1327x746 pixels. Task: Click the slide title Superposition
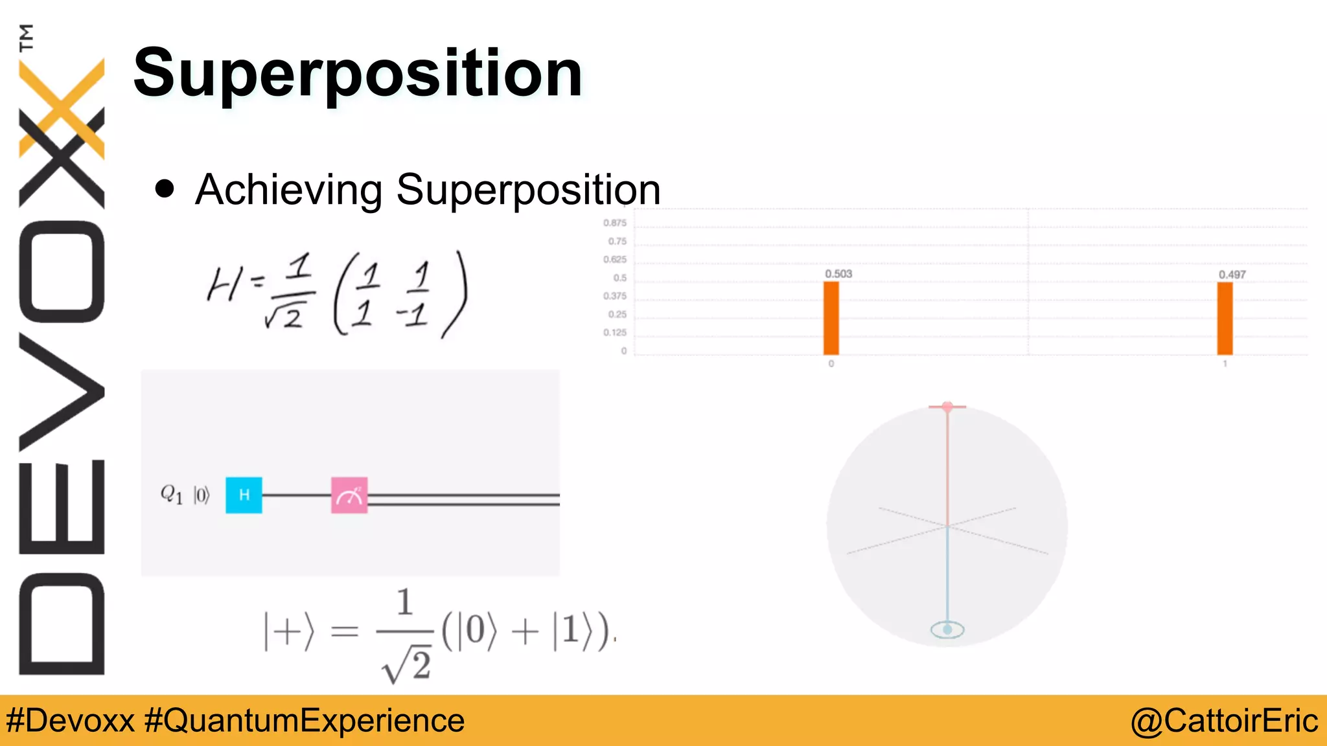358,73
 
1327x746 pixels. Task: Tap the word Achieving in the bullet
288,190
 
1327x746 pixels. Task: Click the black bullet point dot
165,188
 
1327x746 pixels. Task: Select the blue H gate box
244,495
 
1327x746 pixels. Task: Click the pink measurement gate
349,495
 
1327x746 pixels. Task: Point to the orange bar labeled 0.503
831,318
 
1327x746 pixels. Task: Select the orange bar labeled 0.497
1225,319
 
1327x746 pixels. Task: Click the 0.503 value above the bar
838,274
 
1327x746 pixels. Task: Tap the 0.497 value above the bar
1232,275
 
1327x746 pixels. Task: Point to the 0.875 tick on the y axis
615,223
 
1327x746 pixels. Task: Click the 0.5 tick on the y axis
620,278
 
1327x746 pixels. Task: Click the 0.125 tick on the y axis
615,333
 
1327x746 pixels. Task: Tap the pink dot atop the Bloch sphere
947,407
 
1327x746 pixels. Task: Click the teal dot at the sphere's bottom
947,629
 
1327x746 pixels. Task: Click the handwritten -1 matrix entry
412,315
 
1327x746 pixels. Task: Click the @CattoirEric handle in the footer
1224,721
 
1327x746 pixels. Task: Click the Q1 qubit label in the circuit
172,495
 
